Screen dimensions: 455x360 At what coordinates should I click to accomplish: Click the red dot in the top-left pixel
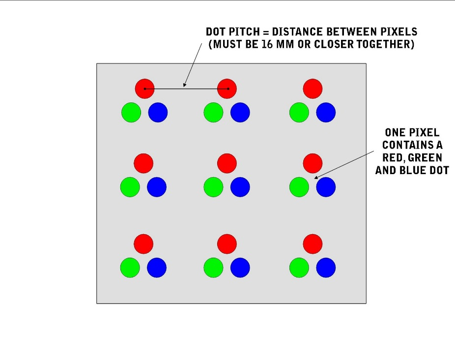tap(144, 89)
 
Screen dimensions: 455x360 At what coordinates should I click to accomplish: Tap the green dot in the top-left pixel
tap(131, 112)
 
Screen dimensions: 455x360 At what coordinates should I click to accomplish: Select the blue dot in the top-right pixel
tap(326, 112)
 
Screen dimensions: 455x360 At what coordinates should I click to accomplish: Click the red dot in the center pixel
tap(227, 163)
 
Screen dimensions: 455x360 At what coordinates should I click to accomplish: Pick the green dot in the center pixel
tap(213, 187)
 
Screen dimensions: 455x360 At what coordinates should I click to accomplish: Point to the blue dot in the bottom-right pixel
tap(326, 268)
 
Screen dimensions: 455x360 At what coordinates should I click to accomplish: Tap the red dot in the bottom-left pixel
tap(143, 244)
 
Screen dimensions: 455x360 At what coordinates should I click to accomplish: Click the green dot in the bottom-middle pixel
tap(213, 268)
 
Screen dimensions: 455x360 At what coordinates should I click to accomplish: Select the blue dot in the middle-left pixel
tap(157, 187)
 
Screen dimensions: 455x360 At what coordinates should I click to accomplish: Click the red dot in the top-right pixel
tap(313, 89)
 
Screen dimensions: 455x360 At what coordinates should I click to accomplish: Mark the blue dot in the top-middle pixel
tap(240, 112)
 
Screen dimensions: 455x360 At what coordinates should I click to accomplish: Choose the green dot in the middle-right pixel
tap(299, 187)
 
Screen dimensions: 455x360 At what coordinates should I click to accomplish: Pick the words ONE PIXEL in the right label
tap(412, 133)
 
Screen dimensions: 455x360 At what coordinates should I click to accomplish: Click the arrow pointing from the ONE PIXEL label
tap(344, 165)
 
